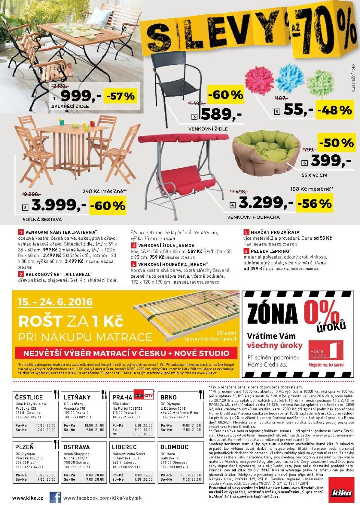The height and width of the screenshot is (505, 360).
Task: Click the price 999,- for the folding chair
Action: click(81, 95)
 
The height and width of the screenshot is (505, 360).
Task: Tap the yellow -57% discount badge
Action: click(121, 96)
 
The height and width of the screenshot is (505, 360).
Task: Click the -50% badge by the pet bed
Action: click(336, 142)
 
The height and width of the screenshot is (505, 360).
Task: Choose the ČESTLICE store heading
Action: click(29, 397)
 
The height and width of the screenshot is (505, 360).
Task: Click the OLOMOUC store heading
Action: click(174, 447)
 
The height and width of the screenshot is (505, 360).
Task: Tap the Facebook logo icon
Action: click(55, 497)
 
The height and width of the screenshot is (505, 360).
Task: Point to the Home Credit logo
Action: click(325, 351)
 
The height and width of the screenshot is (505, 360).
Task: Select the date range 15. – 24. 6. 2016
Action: click(55, 302)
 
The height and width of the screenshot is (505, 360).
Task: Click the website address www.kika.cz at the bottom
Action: click(28, 498)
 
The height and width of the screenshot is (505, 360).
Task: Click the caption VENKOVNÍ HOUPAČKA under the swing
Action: click(253, 217)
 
